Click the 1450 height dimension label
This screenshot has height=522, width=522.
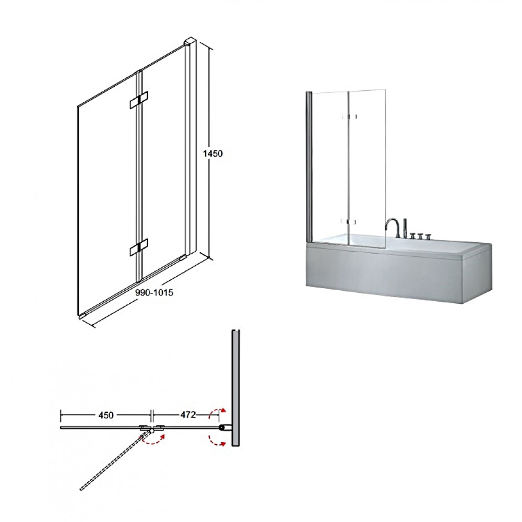click(212, 153)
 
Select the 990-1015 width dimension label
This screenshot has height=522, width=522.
click(154, 292)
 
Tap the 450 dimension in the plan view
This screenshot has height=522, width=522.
click(106, 415)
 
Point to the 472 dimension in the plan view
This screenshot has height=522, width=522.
click(188, 414)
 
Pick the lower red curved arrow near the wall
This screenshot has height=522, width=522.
click(217, 440)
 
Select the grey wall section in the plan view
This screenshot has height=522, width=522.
click(236, 388)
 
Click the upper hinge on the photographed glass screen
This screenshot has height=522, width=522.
click(349, 116)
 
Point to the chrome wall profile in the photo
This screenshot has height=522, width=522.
click(309, 167)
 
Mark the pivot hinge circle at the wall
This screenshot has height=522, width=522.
click(221, 427)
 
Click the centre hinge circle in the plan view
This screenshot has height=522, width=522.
click(152, 431)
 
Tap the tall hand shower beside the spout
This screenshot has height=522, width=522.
click(405, 229)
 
